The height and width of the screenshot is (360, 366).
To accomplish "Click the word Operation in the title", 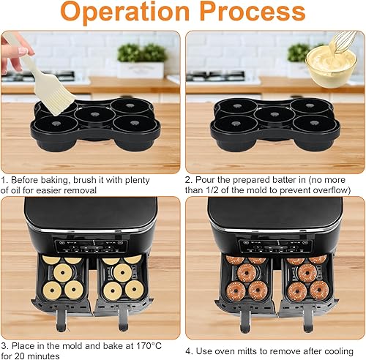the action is tap(125, 12).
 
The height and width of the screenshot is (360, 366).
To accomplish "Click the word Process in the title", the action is tap(253, 11).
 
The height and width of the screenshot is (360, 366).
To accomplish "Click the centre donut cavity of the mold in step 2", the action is tap(274, 115).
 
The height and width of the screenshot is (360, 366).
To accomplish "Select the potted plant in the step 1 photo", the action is tap(141, 61).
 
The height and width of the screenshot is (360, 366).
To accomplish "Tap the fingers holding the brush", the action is tap(15, 53).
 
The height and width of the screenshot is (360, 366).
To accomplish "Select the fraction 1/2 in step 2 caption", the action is tap(212, 190).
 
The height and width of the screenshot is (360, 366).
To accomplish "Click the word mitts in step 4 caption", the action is tap(248, 351).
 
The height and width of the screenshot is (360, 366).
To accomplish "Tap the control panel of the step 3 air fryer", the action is tap(91, 246).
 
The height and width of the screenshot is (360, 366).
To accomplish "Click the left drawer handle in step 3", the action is tap(61, 319).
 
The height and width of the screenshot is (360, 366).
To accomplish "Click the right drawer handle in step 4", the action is tap(307, 319).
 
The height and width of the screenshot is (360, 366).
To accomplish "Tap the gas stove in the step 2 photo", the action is tap(215, 76).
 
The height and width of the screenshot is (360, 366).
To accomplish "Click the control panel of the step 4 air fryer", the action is tap(275, 246).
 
